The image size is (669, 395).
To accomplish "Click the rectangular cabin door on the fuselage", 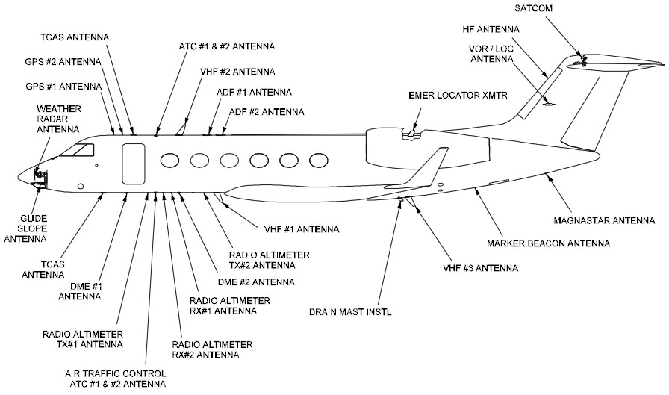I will [x=133, y=162].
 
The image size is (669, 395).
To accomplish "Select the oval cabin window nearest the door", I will [x=169, y=160].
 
